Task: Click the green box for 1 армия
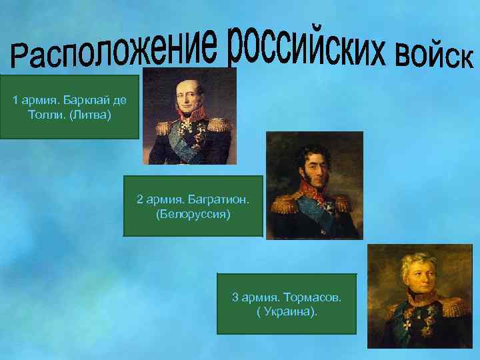coord(69,107)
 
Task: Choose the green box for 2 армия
coord(193,205)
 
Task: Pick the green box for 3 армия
coord(287,303)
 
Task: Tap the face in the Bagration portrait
coord(313,165)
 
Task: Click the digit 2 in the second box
coord(139,199)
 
